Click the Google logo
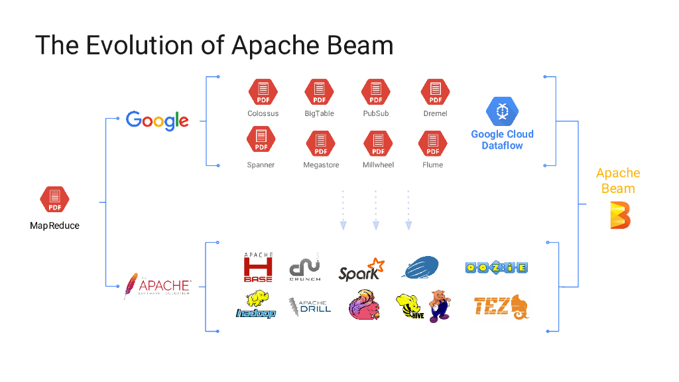pyautogui.click(x=157, y=121)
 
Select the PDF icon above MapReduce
pyautogui.click(x=54, y=200)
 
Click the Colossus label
pyautogui.click(x=263, y=113)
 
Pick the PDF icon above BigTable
pyautogui.click(x=320, y=92)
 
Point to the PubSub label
pyautogui.click(x=376, y=113)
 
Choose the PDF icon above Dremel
pyautogui.click(x=435, y=92)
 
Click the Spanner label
pyautogui.click(x=261, y=164)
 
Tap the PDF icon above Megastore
pyautogui.click(x=320, y=143)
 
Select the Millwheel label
pyautogui.click(x=379, y=164)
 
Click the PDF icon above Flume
pyautogui.click(x=432, y=143)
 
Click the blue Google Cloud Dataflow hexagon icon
pyautogui.click(x=502, y=111)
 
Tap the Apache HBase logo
pyautogui.click(x=258, y=267)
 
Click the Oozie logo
pyautogui.click(x=497, y=267)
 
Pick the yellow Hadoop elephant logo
pyautogui.click(x=256, y=305)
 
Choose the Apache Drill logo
pyautogui.click(x=310, y=306)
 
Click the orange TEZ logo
pyautogui.click(x=501, y=306)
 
